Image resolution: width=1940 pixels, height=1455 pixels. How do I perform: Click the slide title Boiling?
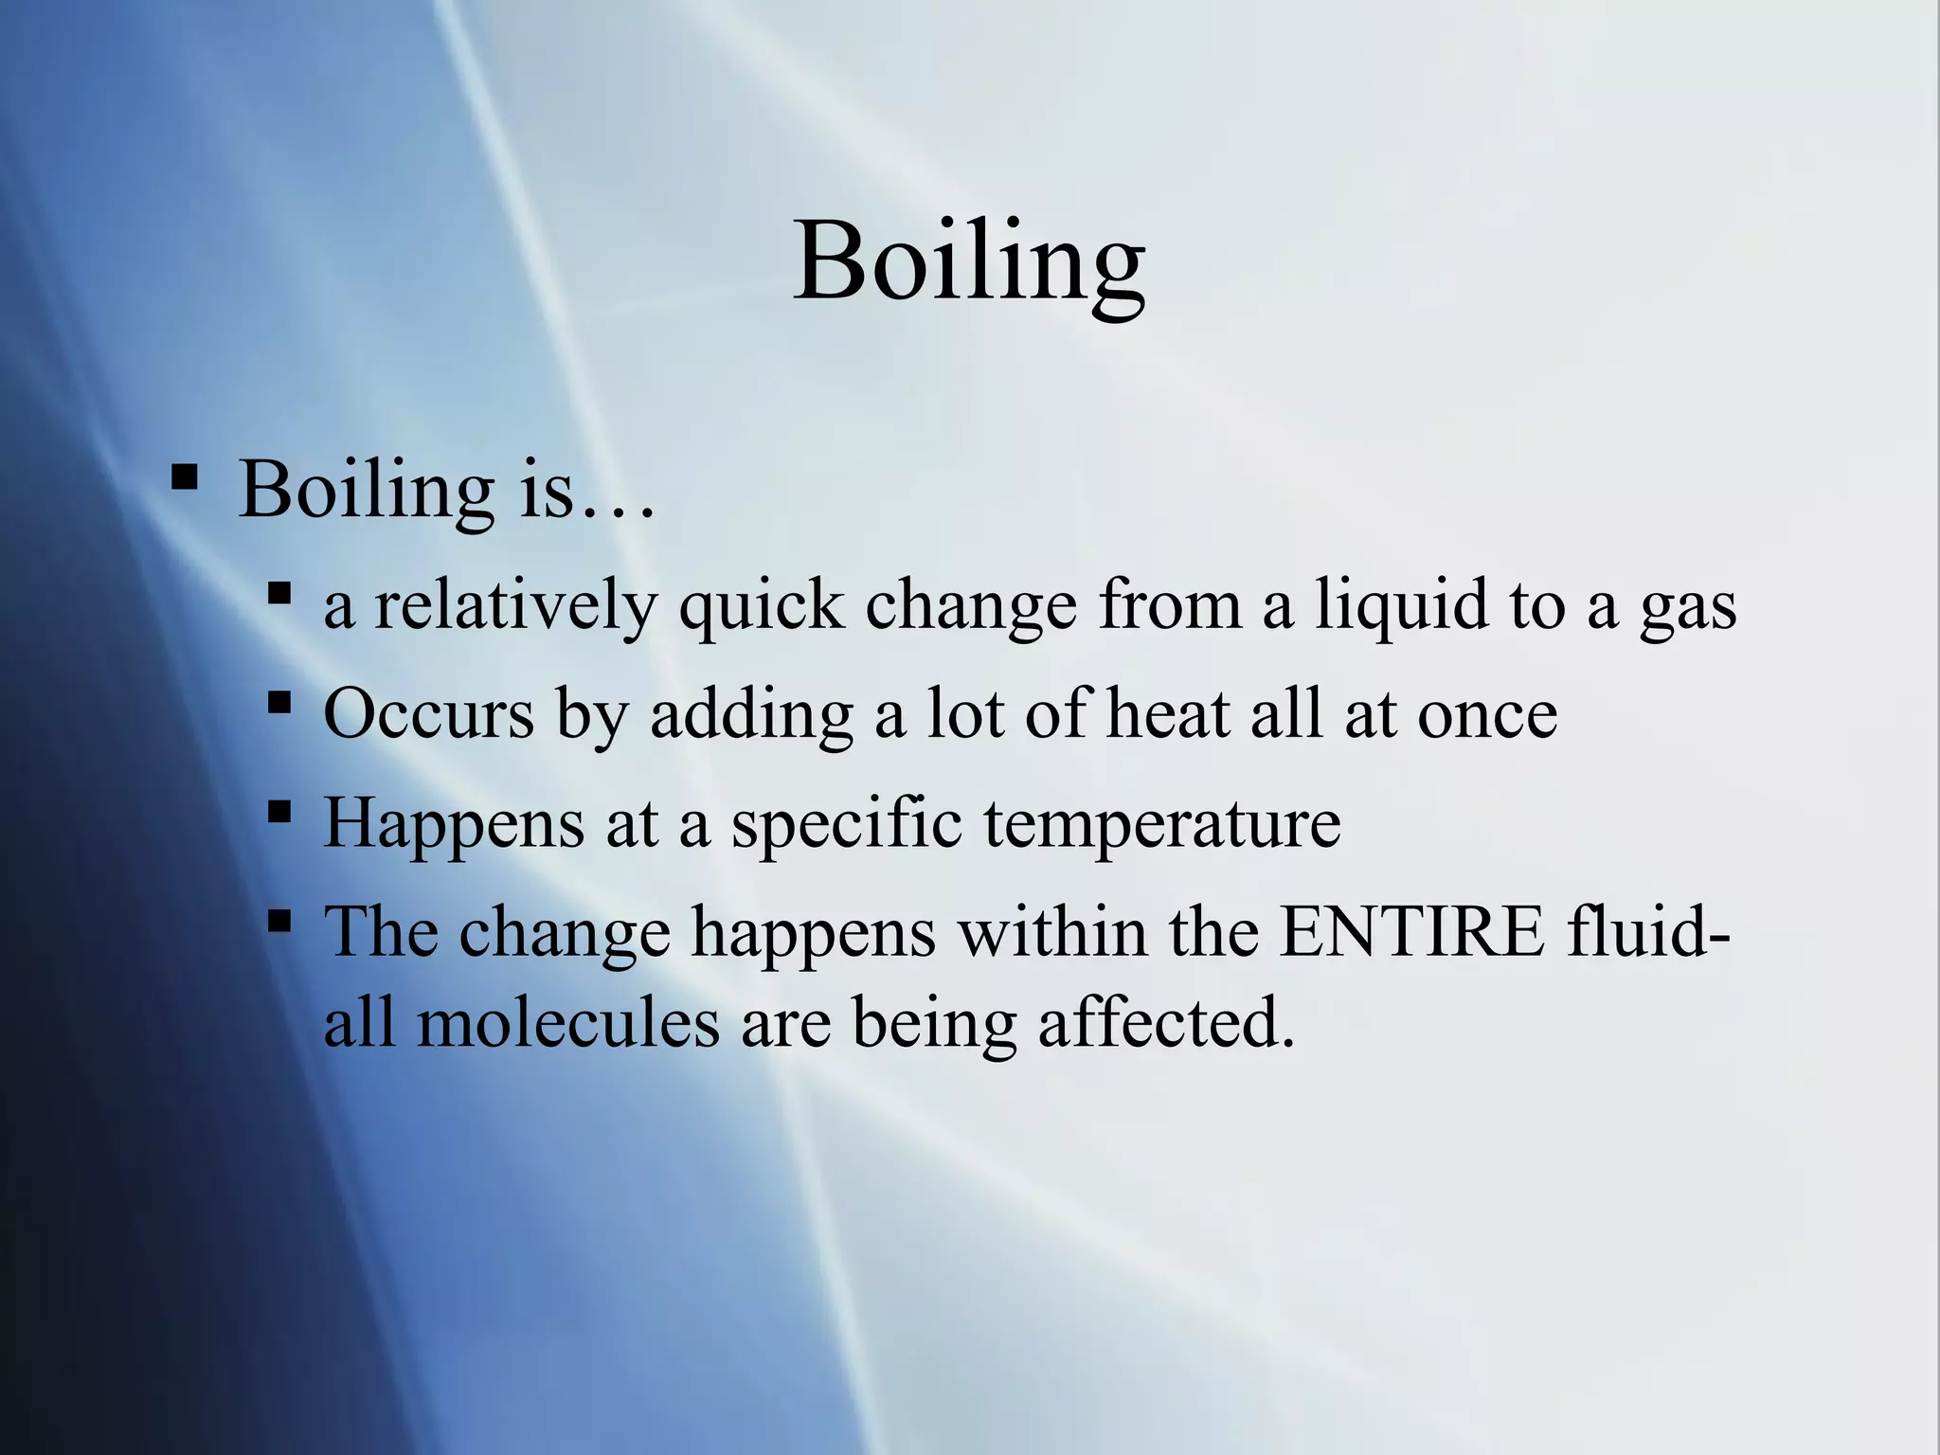(x=968, y=261)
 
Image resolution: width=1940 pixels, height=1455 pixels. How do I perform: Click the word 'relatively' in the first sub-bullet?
(x=514, y=605)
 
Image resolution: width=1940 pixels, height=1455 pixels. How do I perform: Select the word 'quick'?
(x=761, y=607)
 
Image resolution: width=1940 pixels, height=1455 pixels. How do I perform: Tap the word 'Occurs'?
(x=428, y=712)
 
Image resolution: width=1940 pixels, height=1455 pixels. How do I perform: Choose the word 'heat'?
(x=1168, y=712)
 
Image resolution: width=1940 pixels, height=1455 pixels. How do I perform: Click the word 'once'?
(x=1487, y=714)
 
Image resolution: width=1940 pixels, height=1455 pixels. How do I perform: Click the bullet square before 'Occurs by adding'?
(x=278, y=703)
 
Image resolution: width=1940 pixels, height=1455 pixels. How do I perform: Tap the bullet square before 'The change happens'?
(x=278, y=921)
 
